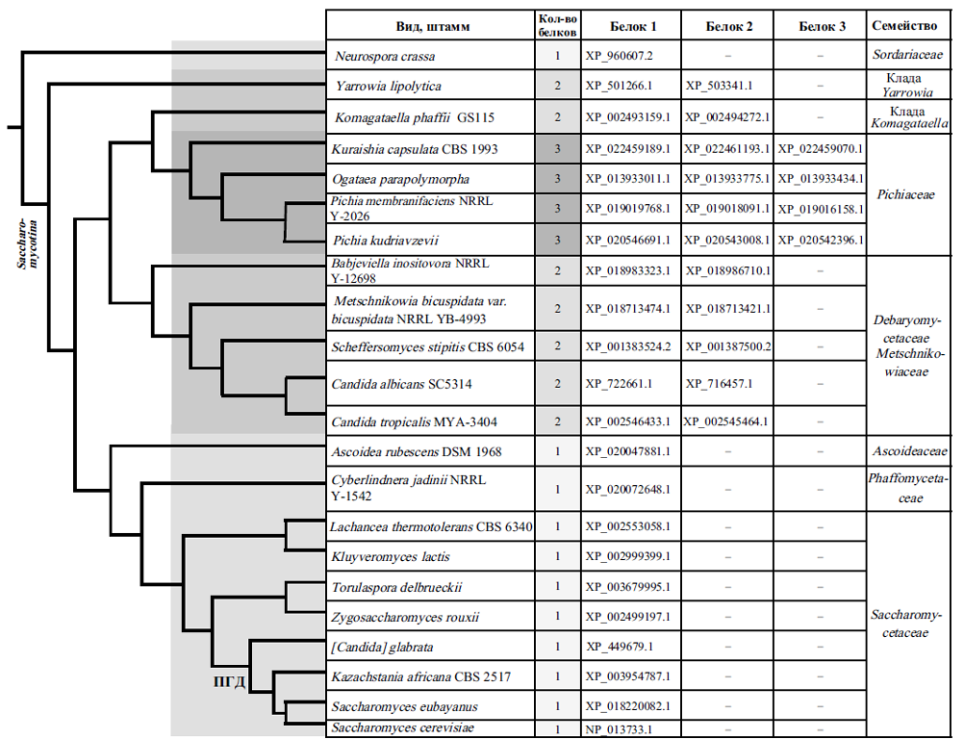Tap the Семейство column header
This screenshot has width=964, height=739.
point(910,25)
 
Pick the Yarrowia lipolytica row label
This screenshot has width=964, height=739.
point(388,87)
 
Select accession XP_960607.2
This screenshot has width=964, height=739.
point(619,56)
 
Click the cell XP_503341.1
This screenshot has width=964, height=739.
point(719,87)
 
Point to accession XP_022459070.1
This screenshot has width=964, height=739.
point(820,149)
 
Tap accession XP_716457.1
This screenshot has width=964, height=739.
point(719,384)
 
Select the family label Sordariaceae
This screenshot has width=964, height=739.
point(909,56)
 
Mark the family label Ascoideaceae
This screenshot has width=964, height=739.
point(909,451)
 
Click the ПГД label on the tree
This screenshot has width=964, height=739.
point(228,682)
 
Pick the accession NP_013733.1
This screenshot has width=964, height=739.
point(619,729)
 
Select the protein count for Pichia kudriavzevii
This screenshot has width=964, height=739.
point(558,240)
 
